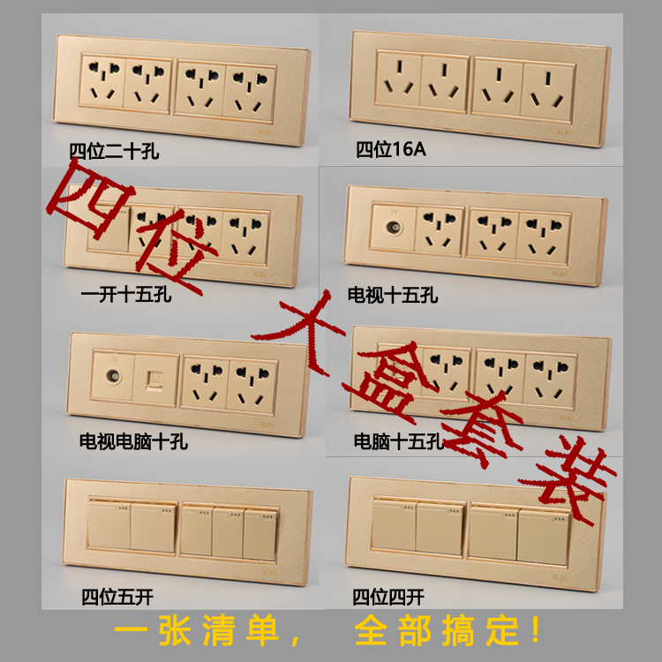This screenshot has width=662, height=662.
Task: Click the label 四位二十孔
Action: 114,152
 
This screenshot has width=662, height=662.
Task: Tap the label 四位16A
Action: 391,149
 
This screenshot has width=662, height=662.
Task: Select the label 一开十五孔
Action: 124,294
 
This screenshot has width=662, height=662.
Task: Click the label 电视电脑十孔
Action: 133,440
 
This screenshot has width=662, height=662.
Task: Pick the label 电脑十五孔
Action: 398,440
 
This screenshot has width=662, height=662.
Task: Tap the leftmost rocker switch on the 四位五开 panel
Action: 109,526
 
